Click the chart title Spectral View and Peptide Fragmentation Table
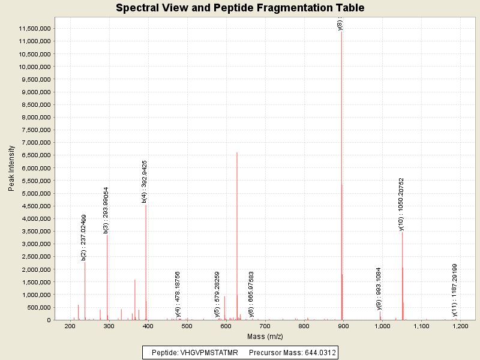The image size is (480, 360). [x=240, y=8]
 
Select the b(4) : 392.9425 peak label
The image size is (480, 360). [x=145, y=182]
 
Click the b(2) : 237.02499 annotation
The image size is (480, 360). [x=84, y=238]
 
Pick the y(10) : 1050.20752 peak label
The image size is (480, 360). [x=401, y=204]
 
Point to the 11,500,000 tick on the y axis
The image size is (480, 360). [x=35, y=29]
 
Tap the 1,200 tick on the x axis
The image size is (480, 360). [x=460, y=326]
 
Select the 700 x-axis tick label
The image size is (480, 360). [x=265, y=326]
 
